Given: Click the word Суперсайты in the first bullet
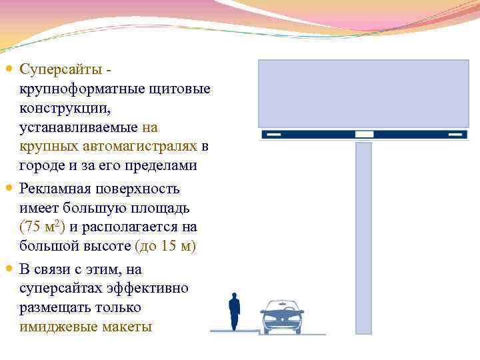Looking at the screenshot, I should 60,69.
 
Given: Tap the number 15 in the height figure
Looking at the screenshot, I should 167,247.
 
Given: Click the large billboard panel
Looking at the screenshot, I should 363,93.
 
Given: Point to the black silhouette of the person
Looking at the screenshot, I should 234,310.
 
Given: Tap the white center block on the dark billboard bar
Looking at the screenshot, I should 364,135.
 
